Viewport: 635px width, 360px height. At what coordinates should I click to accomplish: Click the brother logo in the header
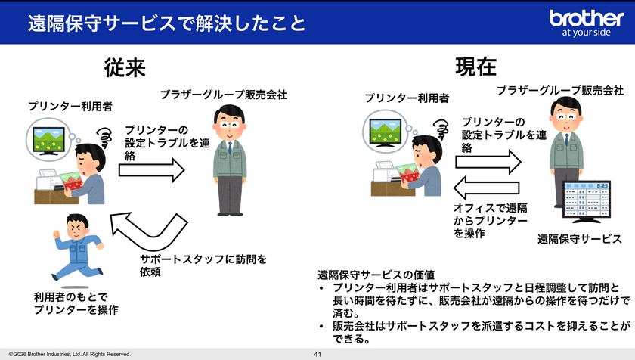pyautogui.click(x=586, y=23)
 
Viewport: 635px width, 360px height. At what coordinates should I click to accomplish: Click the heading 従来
pyautogui.click(x=125, y=67)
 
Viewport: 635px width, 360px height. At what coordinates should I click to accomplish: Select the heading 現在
pyautogui.click(x=475, y=67)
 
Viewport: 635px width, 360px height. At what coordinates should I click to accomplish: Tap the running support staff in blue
pyautogui.click(x=77, y=247)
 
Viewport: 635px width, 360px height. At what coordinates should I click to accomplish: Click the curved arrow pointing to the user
pyautogui.click(x=150, y=231)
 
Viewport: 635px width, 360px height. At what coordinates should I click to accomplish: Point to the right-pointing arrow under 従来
pyautogui.click(x=152, y=170)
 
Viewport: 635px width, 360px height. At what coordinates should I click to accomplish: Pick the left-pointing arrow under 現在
pyautogui.click(x=486, y=188)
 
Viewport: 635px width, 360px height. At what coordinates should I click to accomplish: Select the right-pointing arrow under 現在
pyautogui.click(x=488, y=162)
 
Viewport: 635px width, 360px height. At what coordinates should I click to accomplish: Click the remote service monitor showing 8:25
pyautogui.click(x=586, y=202)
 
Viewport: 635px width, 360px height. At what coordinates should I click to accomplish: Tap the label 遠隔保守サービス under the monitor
pyautogui.click(x=580, y=239)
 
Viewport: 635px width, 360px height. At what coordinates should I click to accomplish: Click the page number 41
pyautogui.click(x=317, y=355)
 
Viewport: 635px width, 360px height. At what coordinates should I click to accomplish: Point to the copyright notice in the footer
pyautogui.click(x=70, y=355)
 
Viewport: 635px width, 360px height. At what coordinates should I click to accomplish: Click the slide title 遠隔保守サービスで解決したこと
pyautogui.click(x=166, y=23)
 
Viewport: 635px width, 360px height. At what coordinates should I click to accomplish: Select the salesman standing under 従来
pyautogui.click(x=230, y=160)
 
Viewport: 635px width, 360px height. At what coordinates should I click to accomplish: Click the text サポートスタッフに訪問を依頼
pyautogui.click(x=203, y=265)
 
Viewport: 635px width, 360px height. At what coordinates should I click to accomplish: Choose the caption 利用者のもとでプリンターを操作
pyautogui.click(x=76, y=303)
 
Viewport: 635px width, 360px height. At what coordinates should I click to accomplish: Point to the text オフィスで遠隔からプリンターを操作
pyautogui.click(x=491, y=221)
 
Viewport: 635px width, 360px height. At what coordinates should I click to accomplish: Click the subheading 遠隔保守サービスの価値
pyautogui.click(x=376, y=275)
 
